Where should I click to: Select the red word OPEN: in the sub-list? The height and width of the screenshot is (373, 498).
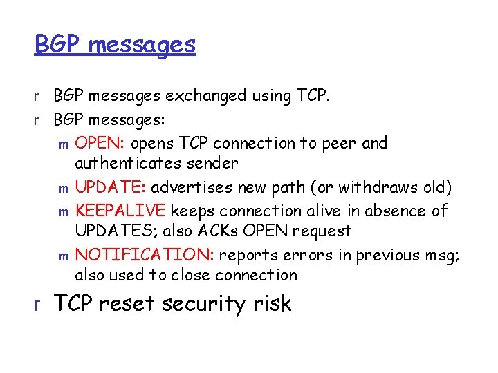tap(99, 144)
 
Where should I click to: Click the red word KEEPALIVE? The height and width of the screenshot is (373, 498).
tap(121, 210)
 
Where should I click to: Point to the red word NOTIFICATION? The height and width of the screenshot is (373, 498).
tap(146, 255)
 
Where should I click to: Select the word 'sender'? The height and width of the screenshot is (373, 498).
tap(215, 164)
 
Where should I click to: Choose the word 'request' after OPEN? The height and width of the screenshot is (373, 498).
tap(322, 231)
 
